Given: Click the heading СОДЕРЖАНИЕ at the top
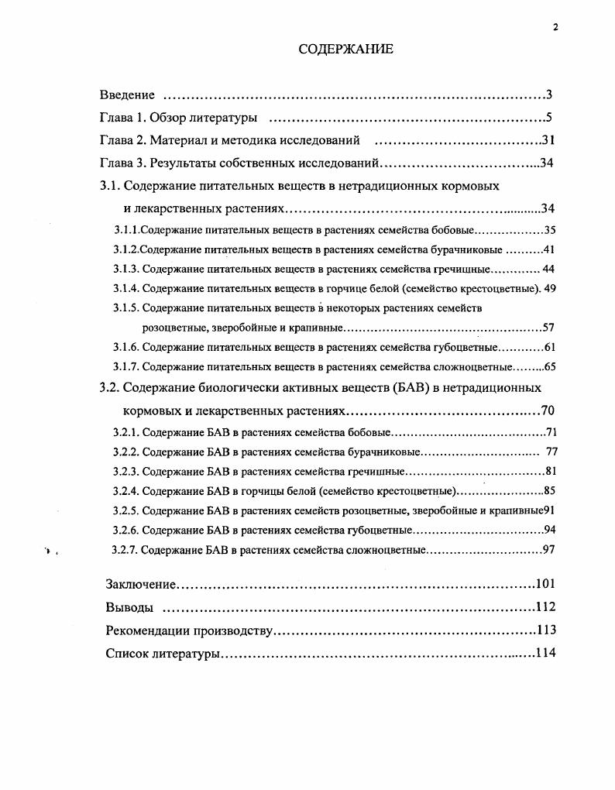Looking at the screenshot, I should (346, 50).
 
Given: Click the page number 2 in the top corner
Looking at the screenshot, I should (555, 27).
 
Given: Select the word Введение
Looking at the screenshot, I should (127, 95).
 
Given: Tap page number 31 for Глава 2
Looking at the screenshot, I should (547, 141).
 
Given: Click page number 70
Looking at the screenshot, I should (548, 410).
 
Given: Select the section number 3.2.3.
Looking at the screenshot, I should (125, 471).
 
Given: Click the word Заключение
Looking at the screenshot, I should (142, 584).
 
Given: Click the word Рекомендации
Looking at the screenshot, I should (149, 630).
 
